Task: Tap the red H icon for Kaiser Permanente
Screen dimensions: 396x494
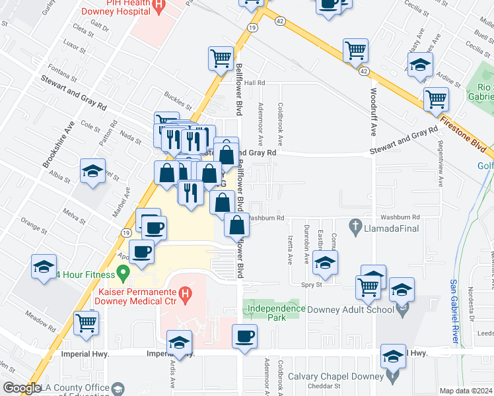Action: pos(186,292)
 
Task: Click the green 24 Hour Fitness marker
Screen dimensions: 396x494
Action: pos(122,273)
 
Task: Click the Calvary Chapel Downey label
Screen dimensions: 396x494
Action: pos(335,377)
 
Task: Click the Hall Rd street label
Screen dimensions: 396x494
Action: pos(254,83)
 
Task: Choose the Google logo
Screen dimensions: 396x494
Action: pos(22,388)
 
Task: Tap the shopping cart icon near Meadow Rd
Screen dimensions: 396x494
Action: pos(86,323)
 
